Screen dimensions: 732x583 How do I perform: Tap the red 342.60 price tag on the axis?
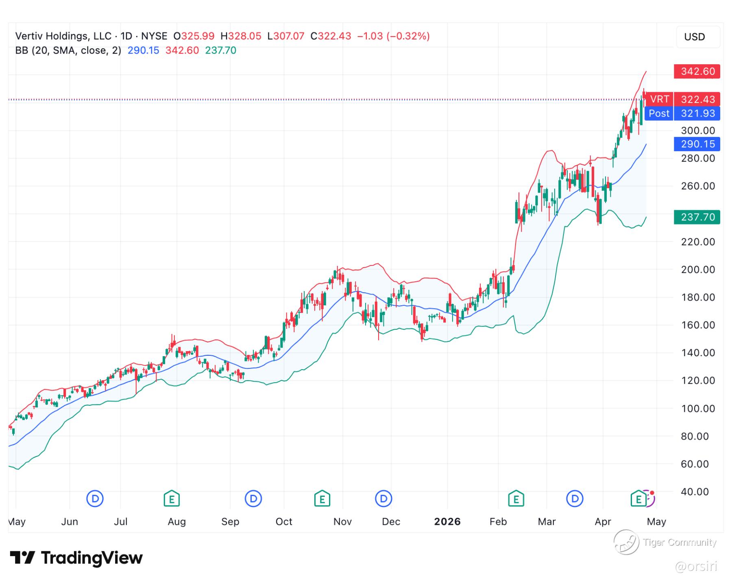coord(697,72)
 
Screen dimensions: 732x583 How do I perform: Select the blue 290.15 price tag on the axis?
coord(697,144)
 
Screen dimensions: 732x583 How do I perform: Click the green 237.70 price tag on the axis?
coord(697,217)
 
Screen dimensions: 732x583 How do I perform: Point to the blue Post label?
coord(659,113)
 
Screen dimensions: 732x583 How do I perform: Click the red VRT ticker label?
coord(659,99)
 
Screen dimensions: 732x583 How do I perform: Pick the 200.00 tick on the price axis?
coord(698,270)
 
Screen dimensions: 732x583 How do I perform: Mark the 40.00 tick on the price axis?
coord(695,492)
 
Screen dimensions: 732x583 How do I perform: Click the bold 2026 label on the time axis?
coord(447,522)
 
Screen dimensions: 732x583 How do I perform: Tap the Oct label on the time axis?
coord(284,522)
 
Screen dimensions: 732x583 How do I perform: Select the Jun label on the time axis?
coord(70,522)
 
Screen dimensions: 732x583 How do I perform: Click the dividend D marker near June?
coord(95,498)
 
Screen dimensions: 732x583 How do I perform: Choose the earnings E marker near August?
coord(172,498)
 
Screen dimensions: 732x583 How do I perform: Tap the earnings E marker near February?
coord(516,498)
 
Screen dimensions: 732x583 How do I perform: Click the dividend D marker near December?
coord(383,498)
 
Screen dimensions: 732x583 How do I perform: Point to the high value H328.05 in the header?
coord(241,36)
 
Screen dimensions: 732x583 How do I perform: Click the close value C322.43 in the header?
coord(331,36)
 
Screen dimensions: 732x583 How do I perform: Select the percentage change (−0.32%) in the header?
coord(408,36)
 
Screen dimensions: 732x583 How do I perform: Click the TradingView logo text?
coord(91,558)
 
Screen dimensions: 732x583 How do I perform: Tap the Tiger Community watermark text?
coord(680,542)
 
